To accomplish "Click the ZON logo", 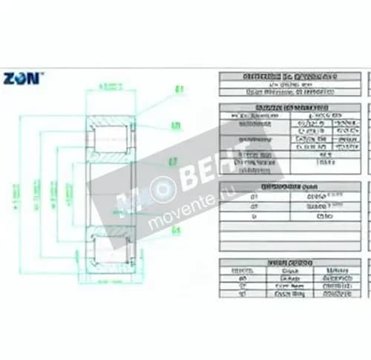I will click(22, 77).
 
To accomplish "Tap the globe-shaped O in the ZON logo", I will click(22, 77).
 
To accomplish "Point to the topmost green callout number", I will click(179, 91).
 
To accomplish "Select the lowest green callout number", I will click(177, 230).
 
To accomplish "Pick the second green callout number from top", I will click(176, 125).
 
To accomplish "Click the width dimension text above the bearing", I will click(111, 87).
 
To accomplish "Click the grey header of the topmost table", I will click(290, 76).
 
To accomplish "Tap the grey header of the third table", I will click(290, 188).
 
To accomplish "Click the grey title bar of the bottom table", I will click(290, 263).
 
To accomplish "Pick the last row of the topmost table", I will click(290, 93).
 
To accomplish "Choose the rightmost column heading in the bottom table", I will click(337, 271).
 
